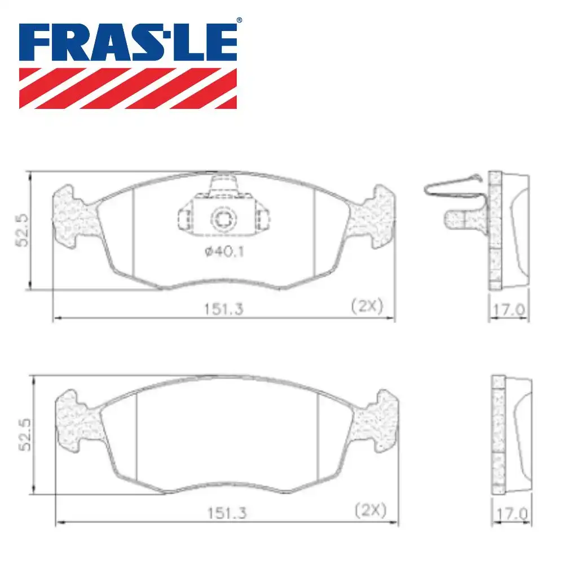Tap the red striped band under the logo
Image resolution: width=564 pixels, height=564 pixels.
point(128,88)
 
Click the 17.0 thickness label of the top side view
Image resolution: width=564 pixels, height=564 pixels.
point(509,310)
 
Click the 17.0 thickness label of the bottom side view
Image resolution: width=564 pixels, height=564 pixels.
point(512,514)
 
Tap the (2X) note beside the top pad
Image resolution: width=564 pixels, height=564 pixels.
point(367,307)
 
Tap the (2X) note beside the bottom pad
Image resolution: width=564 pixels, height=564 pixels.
point(370,511)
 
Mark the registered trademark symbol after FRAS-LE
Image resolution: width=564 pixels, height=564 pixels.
point(239,21)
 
